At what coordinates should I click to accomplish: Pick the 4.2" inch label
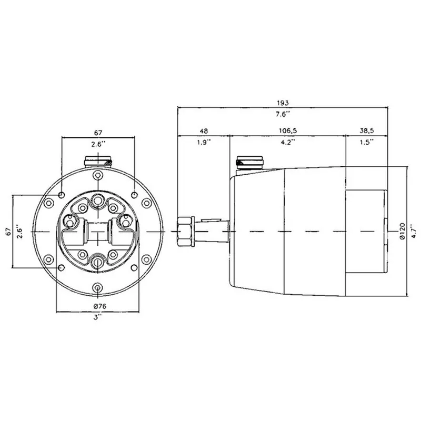(287, 142)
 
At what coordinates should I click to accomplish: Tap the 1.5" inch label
(366, 142)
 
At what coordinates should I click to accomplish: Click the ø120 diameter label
(403, 232)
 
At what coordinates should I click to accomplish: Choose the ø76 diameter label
(98, 306)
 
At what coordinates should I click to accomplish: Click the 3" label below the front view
(98, 318)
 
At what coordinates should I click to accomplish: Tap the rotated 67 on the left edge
(8, 232)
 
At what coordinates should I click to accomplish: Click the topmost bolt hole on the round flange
(98, 176)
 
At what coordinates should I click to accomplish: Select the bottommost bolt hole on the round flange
(98, 287)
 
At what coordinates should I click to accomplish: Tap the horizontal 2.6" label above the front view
(98, 144)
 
